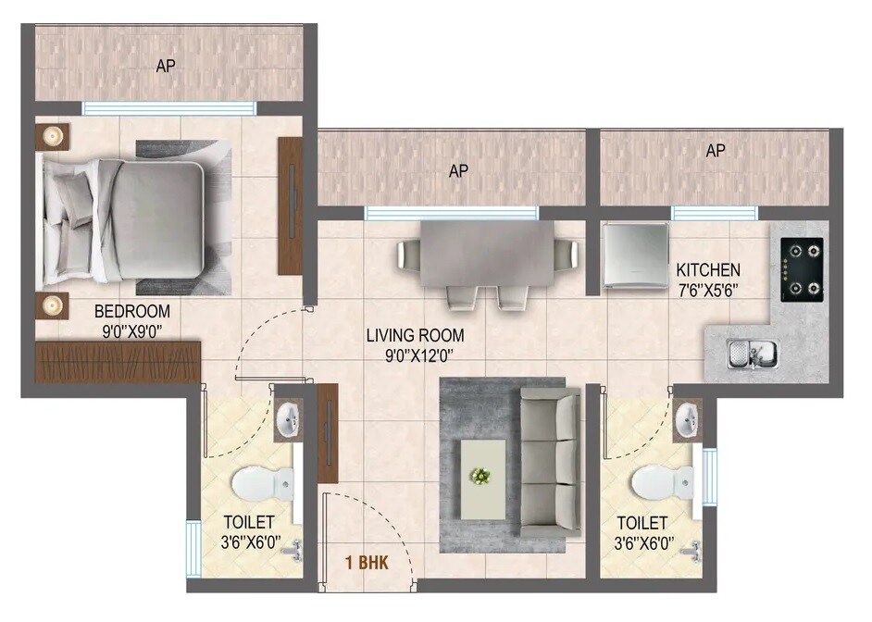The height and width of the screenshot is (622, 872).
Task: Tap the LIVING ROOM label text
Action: click(415, 335)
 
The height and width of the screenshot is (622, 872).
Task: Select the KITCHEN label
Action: click(708, 270)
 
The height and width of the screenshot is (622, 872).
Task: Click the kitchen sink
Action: click(752, 353)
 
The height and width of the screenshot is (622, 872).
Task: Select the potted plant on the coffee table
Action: click(480, 476)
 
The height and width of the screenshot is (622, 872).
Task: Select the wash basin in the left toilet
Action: click(288, 418)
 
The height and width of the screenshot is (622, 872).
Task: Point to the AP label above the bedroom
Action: click(166, 66)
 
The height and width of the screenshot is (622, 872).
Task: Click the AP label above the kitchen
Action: click(715, 151)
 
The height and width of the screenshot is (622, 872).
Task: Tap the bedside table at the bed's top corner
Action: click(52, 137)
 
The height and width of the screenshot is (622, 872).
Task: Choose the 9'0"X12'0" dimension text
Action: click(415, 355)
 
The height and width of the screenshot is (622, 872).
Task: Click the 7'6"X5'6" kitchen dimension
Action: click(709, 289)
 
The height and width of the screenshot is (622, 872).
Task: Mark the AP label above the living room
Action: click(457, 171)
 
